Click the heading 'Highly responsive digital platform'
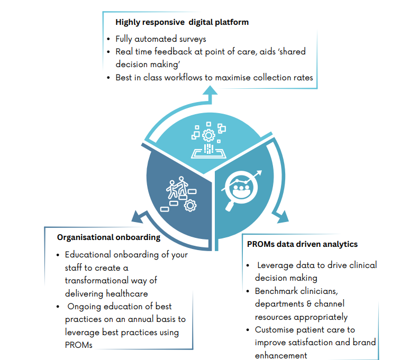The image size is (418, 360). pyautogui.click(x=182, y=22)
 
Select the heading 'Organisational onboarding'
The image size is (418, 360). pyautogui.click(x=108, y=237)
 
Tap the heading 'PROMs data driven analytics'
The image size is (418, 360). pyautogui.click(x=302, y=244)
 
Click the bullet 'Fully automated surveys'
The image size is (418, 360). pyautogui.click(x=161, y=39)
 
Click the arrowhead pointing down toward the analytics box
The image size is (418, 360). pyautogui.click(x=280, y=216)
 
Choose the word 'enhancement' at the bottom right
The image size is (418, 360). pyautogui.click(x=281, y=355)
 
